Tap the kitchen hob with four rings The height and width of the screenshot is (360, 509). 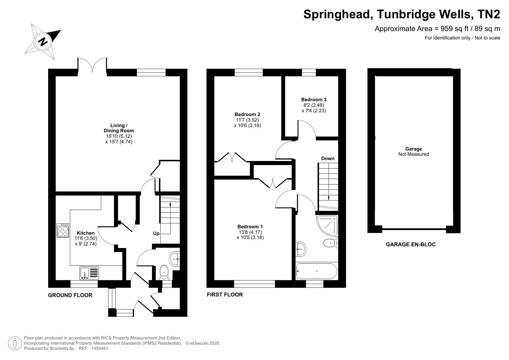(x=63, y=230)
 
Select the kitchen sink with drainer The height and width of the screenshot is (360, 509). (x=89, y=273)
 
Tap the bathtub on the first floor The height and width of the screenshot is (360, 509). (x=316, y=271)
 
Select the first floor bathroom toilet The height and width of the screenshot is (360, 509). (x=331, y=243)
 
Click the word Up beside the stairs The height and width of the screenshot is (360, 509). (x=156, y=233)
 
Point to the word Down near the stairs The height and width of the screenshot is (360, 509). (x=328, y=158)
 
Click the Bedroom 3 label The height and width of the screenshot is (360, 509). (x=314, y=100)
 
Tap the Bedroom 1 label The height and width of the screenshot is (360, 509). (x=250, y=227)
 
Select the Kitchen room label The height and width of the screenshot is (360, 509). (x=86, y=233)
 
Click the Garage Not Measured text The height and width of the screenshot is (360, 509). (x=414, y=152)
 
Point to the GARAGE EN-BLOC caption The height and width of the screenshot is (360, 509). (x=411, y=245)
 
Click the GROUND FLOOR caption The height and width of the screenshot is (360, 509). (x=70, y=295)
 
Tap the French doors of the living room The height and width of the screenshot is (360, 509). (x=92, y=65)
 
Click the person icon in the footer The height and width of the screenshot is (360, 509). (x=15, y=343)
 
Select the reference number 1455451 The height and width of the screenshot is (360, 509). (x=99, y=348)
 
